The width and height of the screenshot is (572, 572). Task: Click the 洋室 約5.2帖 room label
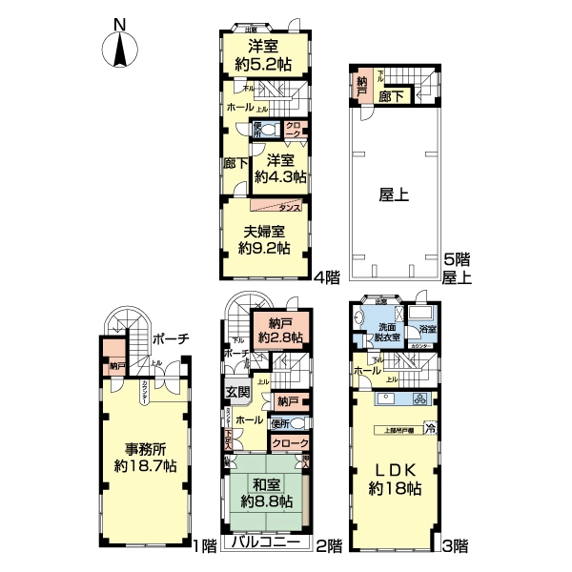263,55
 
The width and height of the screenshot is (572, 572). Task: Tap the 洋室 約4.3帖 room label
285,168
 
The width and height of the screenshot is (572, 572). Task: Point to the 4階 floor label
327,277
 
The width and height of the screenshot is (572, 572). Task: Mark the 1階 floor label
204,545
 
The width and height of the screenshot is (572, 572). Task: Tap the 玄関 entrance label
236,392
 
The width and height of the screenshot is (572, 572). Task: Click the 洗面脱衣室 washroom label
386,329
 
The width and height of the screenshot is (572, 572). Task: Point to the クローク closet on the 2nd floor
290,443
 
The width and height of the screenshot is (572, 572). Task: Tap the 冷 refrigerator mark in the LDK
430,427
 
